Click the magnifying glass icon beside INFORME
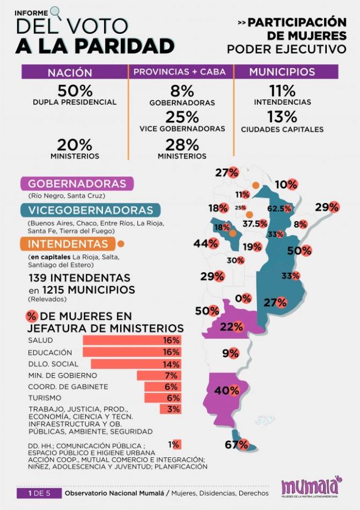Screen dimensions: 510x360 tap(56, 11)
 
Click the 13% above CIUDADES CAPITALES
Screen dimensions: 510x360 tap(282, 118)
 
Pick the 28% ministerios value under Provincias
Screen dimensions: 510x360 tap(182, 145)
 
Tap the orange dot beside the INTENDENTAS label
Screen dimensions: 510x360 tap(121, 243)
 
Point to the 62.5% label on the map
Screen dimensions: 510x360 tap(279, 208)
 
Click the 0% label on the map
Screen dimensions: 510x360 tap(243, 298)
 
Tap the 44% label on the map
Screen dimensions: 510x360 tap(204, 243)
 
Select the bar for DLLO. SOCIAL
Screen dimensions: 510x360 tap(135, 364)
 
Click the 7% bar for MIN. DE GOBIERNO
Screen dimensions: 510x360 tap(158, 376)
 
